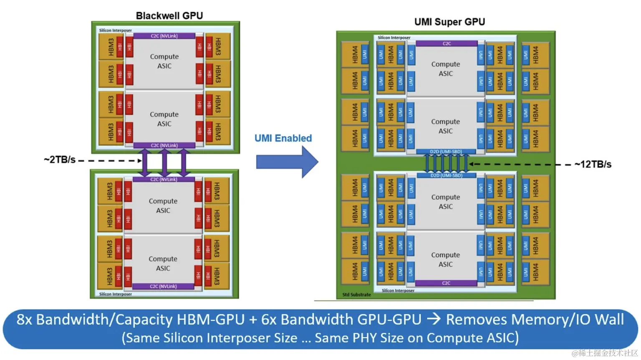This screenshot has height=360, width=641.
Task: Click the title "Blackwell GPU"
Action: [169, 16]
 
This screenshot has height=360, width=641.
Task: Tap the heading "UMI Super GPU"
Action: [449, 22]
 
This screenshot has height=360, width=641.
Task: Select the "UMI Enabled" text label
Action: [283, 138]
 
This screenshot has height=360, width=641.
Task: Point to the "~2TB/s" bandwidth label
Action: [59, 160]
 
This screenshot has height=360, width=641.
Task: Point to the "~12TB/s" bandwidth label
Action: [593, 165]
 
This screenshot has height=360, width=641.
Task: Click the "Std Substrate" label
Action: [356, 295]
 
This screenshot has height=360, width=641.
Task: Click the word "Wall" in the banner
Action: [609, 320]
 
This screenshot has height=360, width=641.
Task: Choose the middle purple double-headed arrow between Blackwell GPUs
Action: [164, 162]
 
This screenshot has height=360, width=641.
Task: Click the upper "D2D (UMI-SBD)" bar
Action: [446, 152]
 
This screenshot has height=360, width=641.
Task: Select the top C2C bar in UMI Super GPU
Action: [447, 43]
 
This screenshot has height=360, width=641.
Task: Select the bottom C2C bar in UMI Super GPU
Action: [446, 283]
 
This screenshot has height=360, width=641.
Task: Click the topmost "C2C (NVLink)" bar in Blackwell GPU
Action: [164, 36]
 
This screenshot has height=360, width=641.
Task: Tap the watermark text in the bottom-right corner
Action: [605, 353]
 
